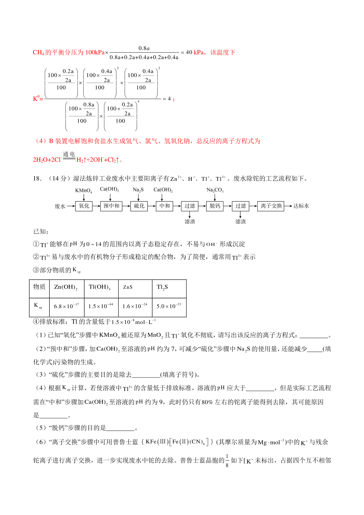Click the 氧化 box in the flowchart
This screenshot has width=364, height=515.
(x=84, y=206)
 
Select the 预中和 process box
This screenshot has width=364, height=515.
(x=111, y=206)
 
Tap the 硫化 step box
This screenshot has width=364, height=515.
(x=139, y=206)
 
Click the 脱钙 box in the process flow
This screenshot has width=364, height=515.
(x=215, y=206)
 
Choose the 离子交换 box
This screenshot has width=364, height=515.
(x=271, y=206)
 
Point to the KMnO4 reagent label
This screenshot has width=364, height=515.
(x=83, y=190)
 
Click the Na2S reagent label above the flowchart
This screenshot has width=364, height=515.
(x=138, y=190)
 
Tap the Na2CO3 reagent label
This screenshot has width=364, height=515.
(x=215, y=190)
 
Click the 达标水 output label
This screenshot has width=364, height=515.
(x=301, y=206)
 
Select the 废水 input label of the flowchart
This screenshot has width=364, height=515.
(x=60, y=206)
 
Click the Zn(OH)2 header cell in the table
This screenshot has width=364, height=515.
(x=66, y=287)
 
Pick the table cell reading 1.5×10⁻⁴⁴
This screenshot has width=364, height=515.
(x=101, y=306)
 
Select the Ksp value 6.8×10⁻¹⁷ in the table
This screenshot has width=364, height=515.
(x=66, y=306)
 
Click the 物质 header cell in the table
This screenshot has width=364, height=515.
(x=39, y=287)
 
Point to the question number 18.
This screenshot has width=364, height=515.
(x=37, y=179)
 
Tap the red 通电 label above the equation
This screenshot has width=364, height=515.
(x=69, y=154)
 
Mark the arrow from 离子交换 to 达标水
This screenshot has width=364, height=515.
(x=288, y=206)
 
